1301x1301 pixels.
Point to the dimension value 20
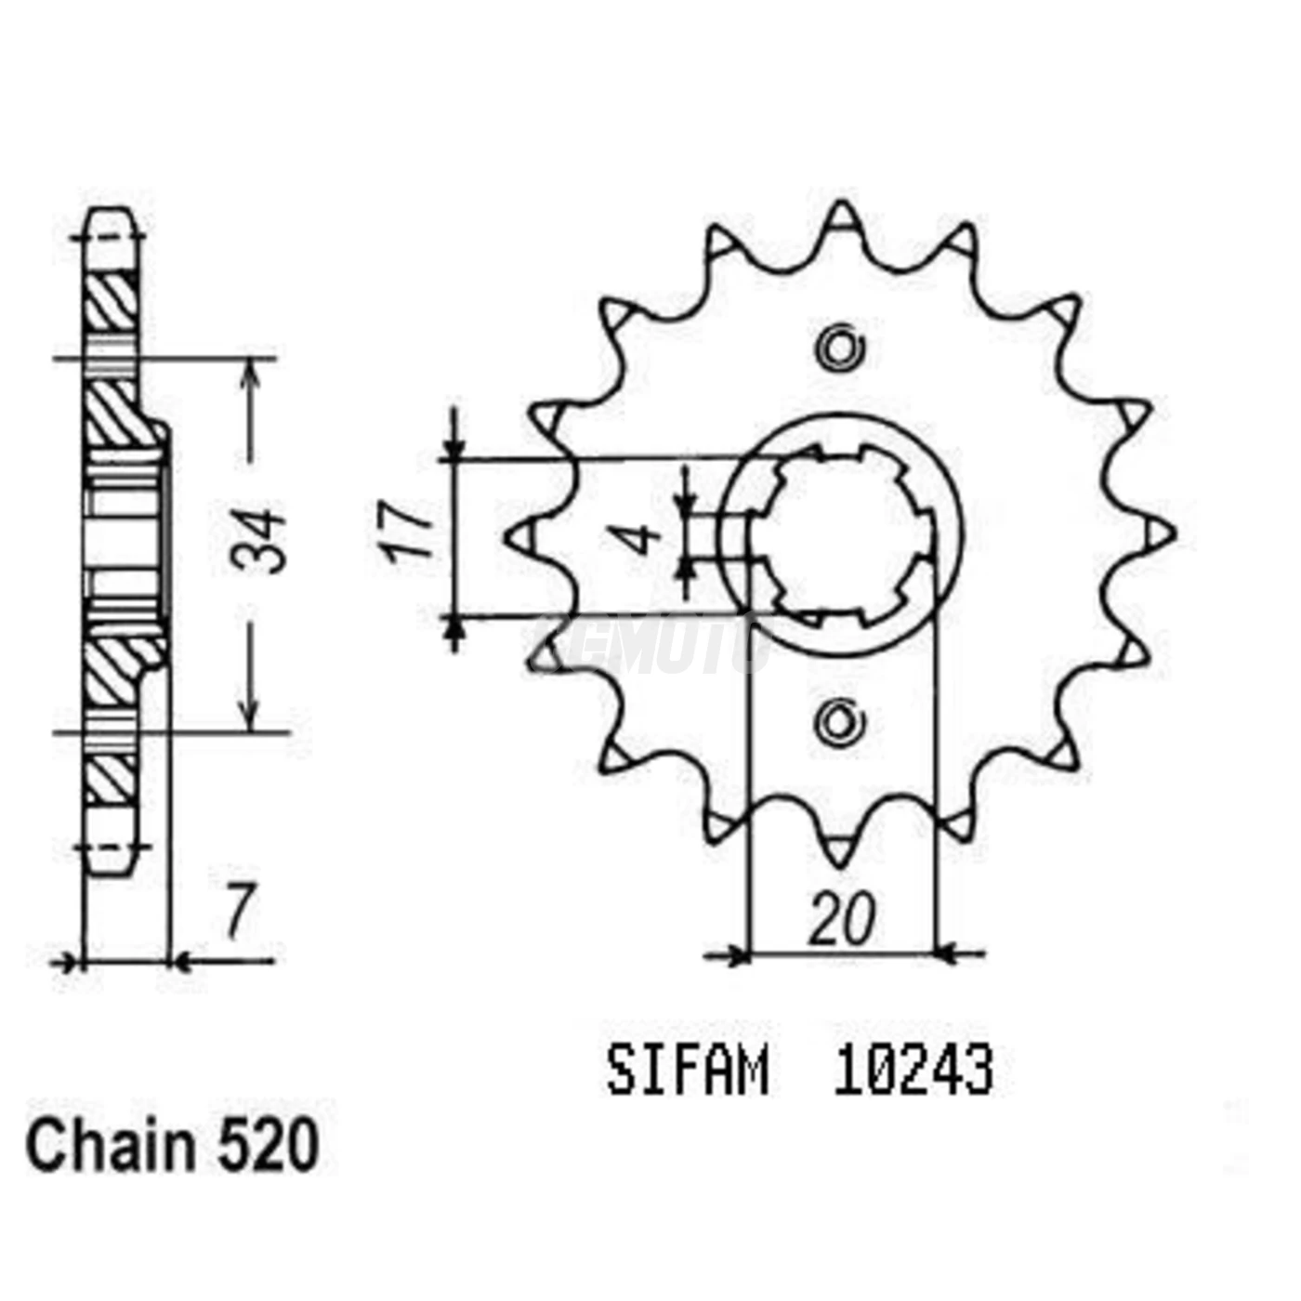841,919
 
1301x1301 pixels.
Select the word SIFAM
687,1071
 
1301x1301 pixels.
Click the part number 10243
913,1071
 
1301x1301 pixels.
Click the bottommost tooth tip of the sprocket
842,853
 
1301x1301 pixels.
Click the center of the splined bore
842,534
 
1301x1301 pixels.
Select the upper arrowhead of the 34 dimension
248,372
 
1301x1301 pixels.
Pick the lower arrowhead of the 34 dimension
248,717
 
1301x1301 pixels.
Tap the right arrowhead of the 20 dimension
946,953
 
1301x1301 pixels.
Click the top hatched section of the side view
112,302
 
